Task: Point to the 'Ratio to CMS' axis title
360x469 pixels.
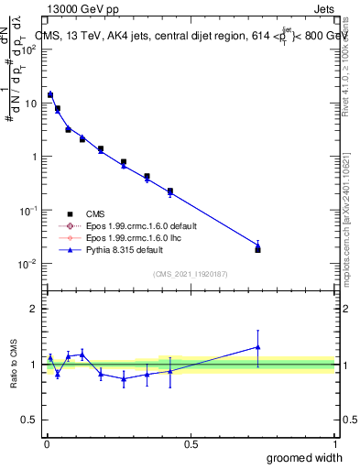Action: pyautogui.click(x=16, y=362)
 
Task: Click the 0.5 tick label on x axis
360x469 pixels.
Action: pyautogui.click(x=191, y=443)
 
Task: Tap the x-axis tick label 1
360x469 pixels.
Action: pyautogui.click(x=334, y=443)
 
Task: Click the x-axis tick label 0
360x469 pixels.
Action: pyautogui.click(x=46, y=443)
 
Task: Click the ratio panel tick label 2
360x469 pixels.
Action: pyautogui.click(x=35, y=309)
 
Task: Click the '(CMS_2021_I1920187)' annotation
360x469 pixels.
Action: pyautogui.click(x=190, y=274)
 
